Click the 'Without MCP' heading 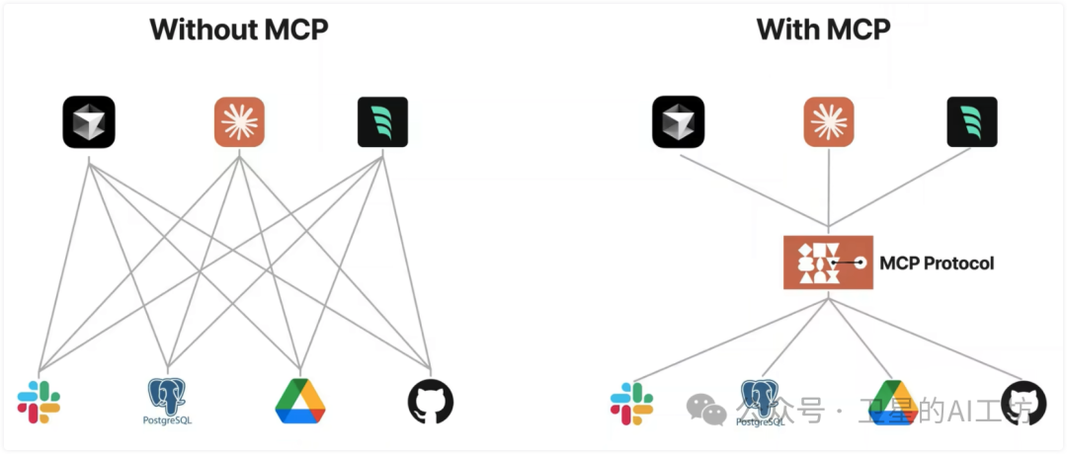pos(238,29)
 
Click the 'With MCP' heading pos(823,29)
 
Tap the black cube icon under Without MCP pos(89,122)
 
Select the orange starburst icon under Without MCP pos(240,122)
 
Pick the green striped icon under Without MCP pos(382,122)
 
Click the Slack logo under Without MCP pos(39,402)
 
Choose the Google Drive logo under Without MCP pos(300,401)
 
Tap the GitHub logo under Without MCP pos(431,402)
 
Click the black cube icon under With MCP pos(678,121)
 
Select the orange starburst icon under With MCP pos(828,121)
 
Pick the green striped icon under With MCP pos(971,121)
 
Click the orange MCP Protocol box pos(828,263)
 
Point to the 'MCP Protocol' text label pos(937,264)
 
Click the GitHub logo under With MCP pos(1023,402)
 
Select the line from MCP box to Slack pos(731,336)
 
